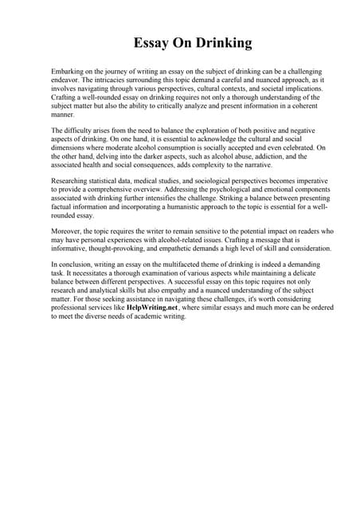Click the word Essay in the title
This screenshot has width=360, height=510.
pos(151,43)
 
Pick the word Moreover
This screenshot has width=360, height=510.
pos(68,231)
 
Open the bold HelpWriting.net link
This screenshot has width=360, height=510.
pos(157,308)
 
